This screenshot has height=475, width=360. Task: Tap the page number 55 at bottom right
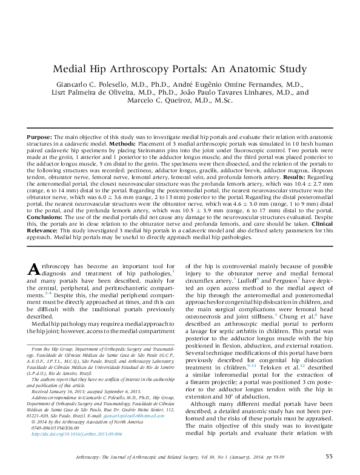[x=328, y=457]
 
